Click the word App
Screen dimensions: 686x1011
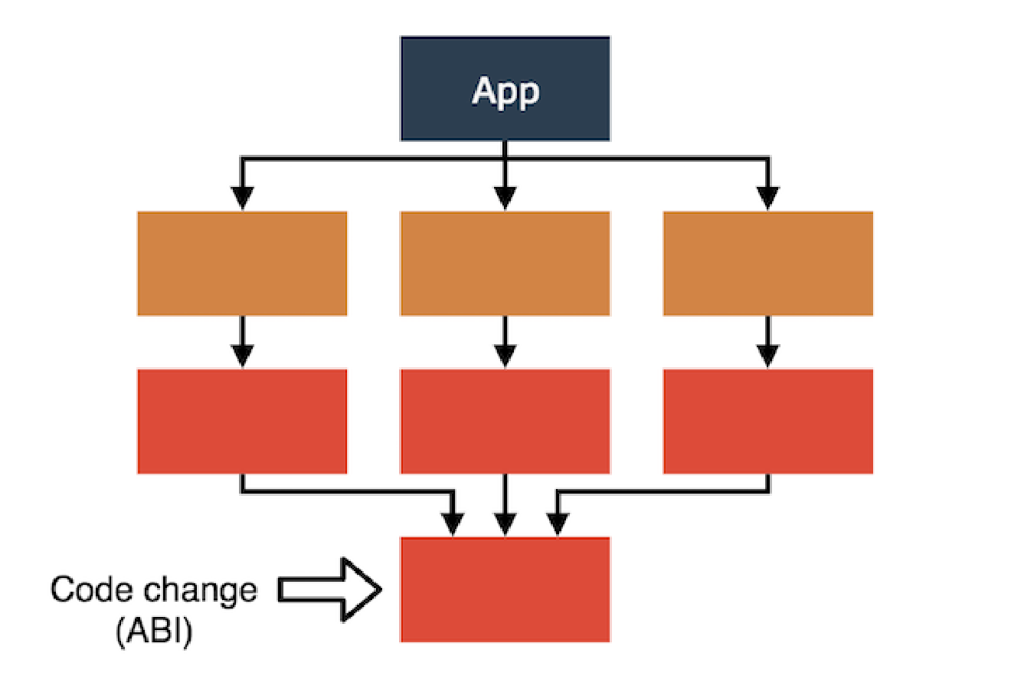tap(505, 90)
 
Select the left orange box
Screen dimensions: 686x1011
tap(242, 263)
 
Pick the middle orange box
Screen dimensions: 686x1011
tap(505, 263)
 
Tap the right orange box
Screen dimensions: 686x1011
tap(767, 263)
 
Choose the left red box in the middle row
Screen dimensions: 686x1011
tap(242, 421)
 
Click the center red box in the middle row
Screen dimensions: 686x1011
tap(505, 421)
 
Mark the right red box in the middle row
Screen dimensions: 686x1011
tap(767, 421)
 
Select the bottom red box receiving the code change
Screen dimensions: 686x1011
tap(505, 589)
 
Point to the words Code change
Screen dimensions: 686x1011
tap(153, 591)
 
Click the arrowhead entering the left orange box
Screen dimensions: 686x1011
tap(242, 199)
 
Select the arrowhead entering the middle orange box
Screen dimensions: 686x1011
tap(504, 199)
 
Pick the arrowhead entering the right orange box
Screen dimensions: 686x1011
tap(767, 199)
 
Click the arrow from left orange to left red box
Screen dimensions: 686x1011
tap(242, 342)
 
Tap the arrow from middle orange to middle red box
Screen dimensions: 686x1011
tap(504, 342)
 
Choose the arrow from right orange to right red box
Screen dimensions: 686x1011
tap(767, 342)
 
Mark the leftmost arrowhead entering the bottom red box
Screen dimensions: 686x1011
tap(454, 524)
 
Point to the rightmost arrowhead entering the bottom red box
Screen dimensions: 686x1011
tap(557, 524)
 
